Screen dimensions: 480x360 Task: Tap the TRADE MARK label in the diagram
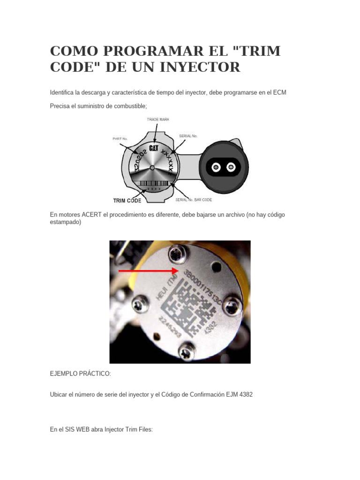pyautogui.click(x=158, y=120)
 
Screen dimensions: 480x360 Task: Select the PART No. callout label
pyautogui.click(x=120, y=139)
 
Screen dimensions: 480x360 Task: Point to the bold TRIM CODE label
pyautogui.click(x=127, y=201)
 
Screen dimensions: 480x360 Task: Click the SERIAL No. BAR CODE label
pyautogui.click(x=194, y=200)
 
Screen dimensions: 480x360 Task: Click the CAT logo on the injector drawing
pyautogui.click(x=153, y=149)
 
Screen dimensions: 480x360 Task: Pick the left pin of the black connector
pyautogui.click(x=215, y=167)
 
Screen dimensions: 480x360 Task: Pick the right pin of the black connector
pyautogui.click(x=231, y=167)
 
